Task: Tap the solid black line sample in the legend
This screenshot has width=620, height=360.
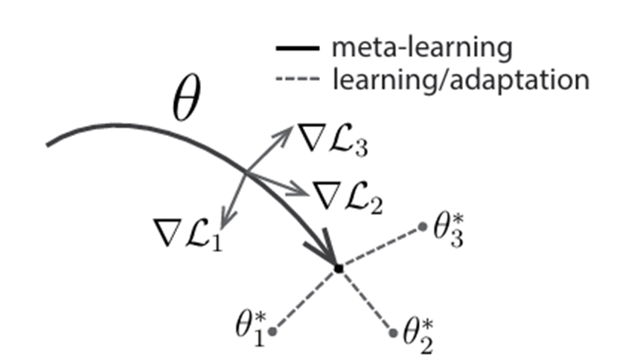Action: [x=298, y=49]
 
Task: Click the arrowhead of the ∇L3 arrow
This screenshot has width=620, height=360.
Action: [x=289, y=132]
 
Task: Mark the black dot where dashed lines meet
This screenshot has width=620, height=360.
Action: [x=338, y=267]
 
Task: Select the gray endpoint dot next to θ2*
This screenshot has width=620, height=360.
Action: [x=393, y=332]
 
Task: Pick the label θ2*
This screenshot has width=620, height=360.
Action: [x=419, y=337]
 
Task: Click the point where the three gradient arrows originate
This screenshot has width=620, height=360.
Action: [x=247, y=175]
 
